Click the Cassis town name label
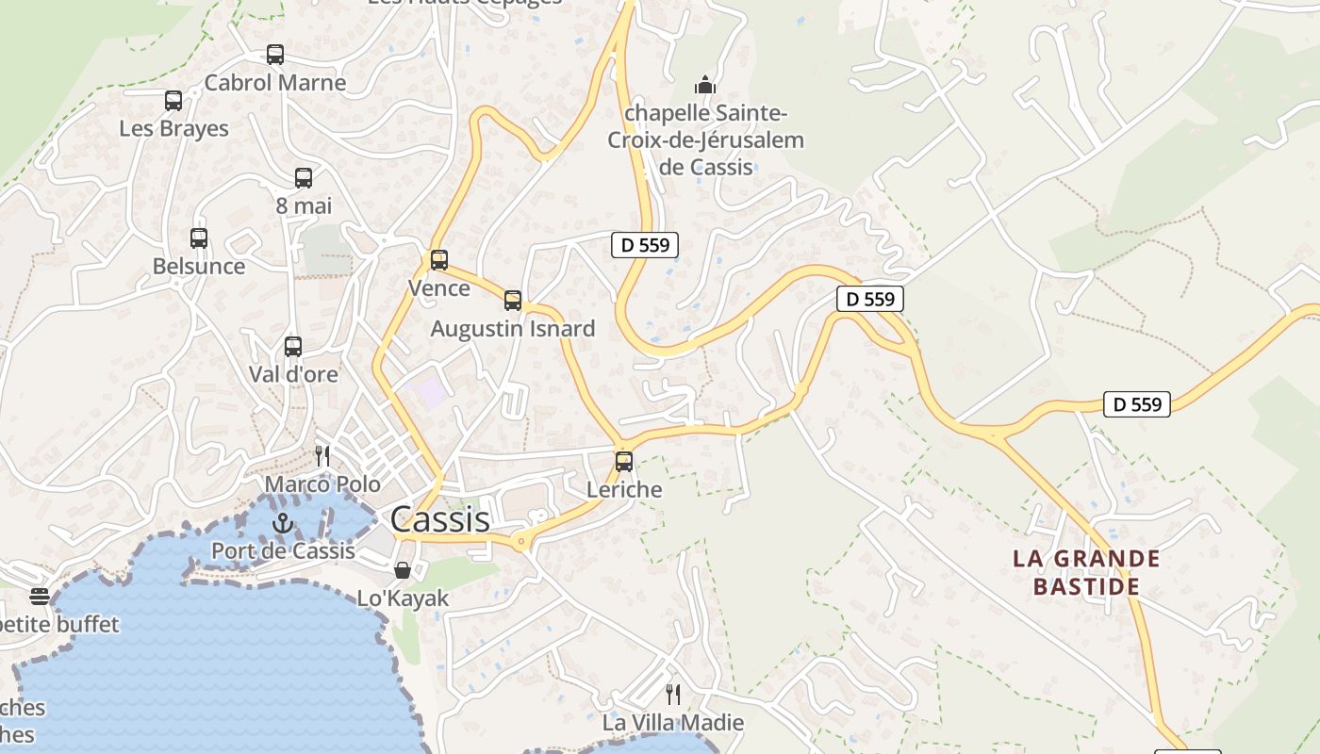pyautogui.click(x=439, y=519)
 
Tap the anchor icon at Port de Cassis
pyautogui.click(x=283, y=523)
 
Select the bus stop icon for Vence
pyautogui.click(x=439, y=260)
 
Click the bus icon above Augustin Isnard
pyautogui.click(x=513, y=301)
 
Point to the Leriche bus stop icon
pyautogui.click(x=624, y=462)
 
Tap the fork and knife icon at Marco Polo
pyautogui.click(x=322, y=456)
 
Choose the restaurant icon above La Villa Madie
pyautogui.click(x=673, y=695)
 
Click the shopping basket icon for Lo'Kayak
pyautogui.click(x=403, y=570)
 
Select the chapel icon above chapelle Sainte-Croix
pyautogui.click(x=705, y=86)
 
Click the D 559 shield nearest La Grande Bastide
pyautogui.click(x=1137, y=404)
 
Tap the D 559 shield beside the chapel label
pyautogui.click(x=646, y=245)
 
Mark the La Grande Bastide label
pyautogui.click(x=1086, y=572)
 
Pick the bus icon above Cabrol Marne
pyautogui.click(x=275, y=55)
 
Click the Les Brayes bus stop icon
pyautogui.click(x=173, y=101)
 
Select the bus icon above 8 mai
pyautogui.click(x=304, y=178)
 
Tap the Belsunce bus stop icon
pyautogui.click(x=199, y=238)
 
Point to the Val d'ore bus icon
pyautogui.click(x=293, y=347)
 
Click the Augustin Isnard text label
pyautogui.click(x=513, y=329)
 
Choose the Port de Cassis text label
pyautogui.click(x=283, y=550)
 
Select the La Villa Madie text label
pyautogui.click(x=673, y=723)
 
